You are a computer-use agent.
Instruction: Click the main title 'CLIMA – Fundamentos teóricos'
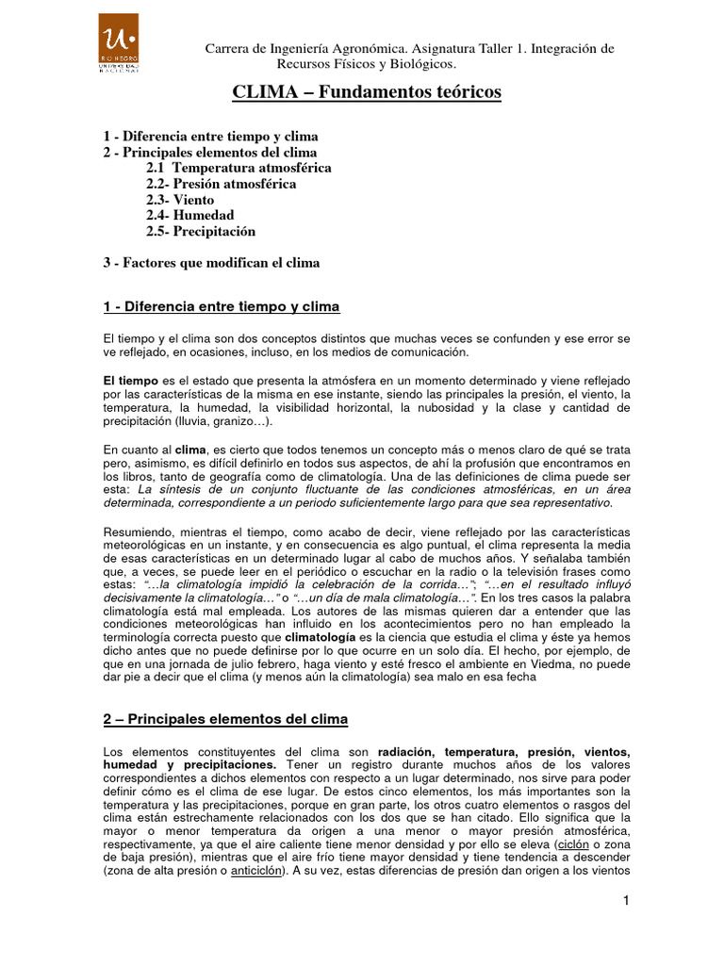pos(367,92)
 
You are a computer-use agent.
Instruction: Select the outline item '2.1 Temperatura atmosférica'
pos(239,168)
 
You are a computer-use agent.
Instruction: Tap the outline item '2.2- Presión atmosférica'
pos(221,184)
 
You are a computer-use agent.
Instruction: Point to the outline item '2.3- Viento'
pos(180,200)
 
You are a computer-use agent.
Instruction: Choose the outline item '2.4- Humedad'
pos(189,216)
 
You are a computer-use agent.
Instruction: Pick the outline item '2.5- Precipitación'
pos(201,231)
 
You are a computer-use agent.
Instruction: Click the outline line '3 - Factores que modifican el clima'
pos(211,263)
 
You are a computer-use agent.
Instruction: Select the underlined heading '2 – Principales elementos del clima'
pos(225,719)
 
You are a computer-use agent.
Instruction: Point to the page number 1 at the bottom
pos(624,902)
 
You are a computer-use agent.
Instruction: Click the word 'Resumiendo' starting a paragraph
pos(133,532)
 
